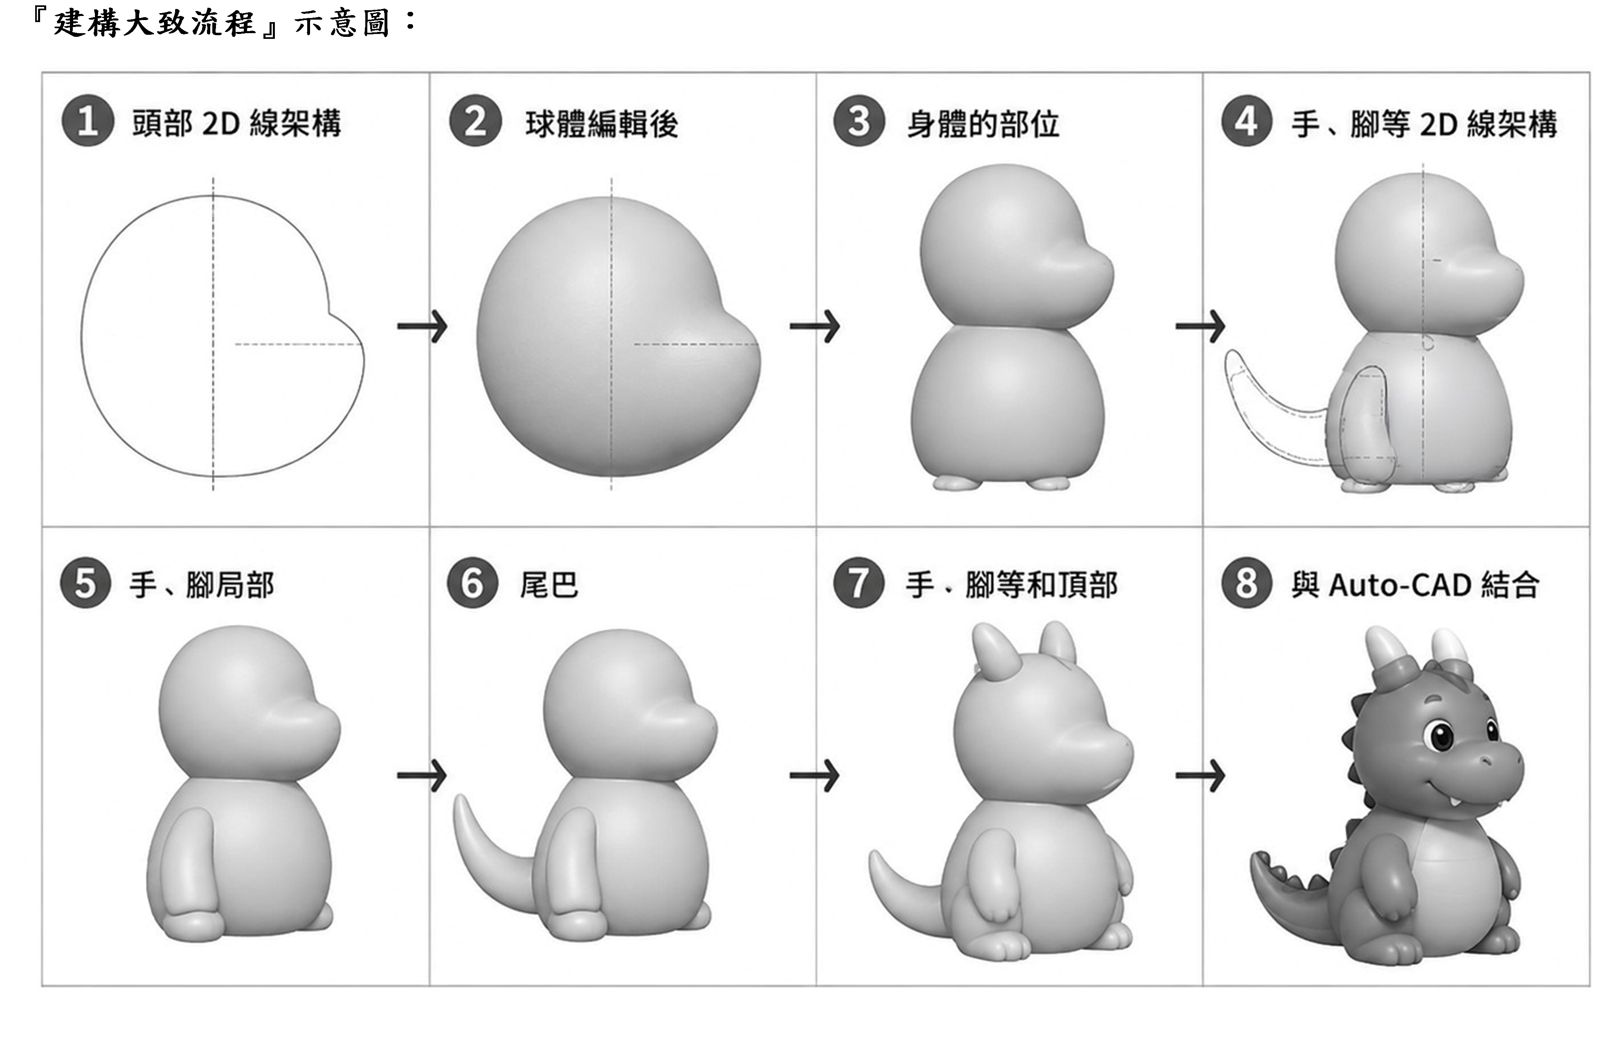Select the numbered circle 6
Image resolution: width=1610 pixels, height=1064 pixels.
(x=473, y=583)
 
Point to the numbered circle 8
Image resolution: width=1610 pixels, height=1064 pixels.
(x=1246, y=583)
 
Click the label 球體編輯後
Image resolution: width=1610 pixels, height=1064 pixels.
(x=602, y=124)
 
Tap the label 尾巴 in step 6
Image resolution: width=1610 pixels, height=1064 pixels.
(x=549, y=585)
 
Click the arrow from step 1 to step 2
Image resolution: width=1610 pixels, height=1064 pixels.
(x=422, y=327)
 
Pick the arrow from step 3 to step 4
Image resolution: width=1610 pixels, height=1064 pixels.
(x=1201, y=327)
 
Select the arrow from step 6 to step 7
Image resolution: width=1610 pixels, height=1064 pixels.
(x=814, y=775)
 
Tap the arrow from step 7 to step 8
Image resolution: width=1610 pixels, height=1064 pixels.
(x=1201, y=775)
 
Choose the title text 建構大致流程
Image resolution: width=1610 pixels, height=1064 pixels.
(x=155, y=23)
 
